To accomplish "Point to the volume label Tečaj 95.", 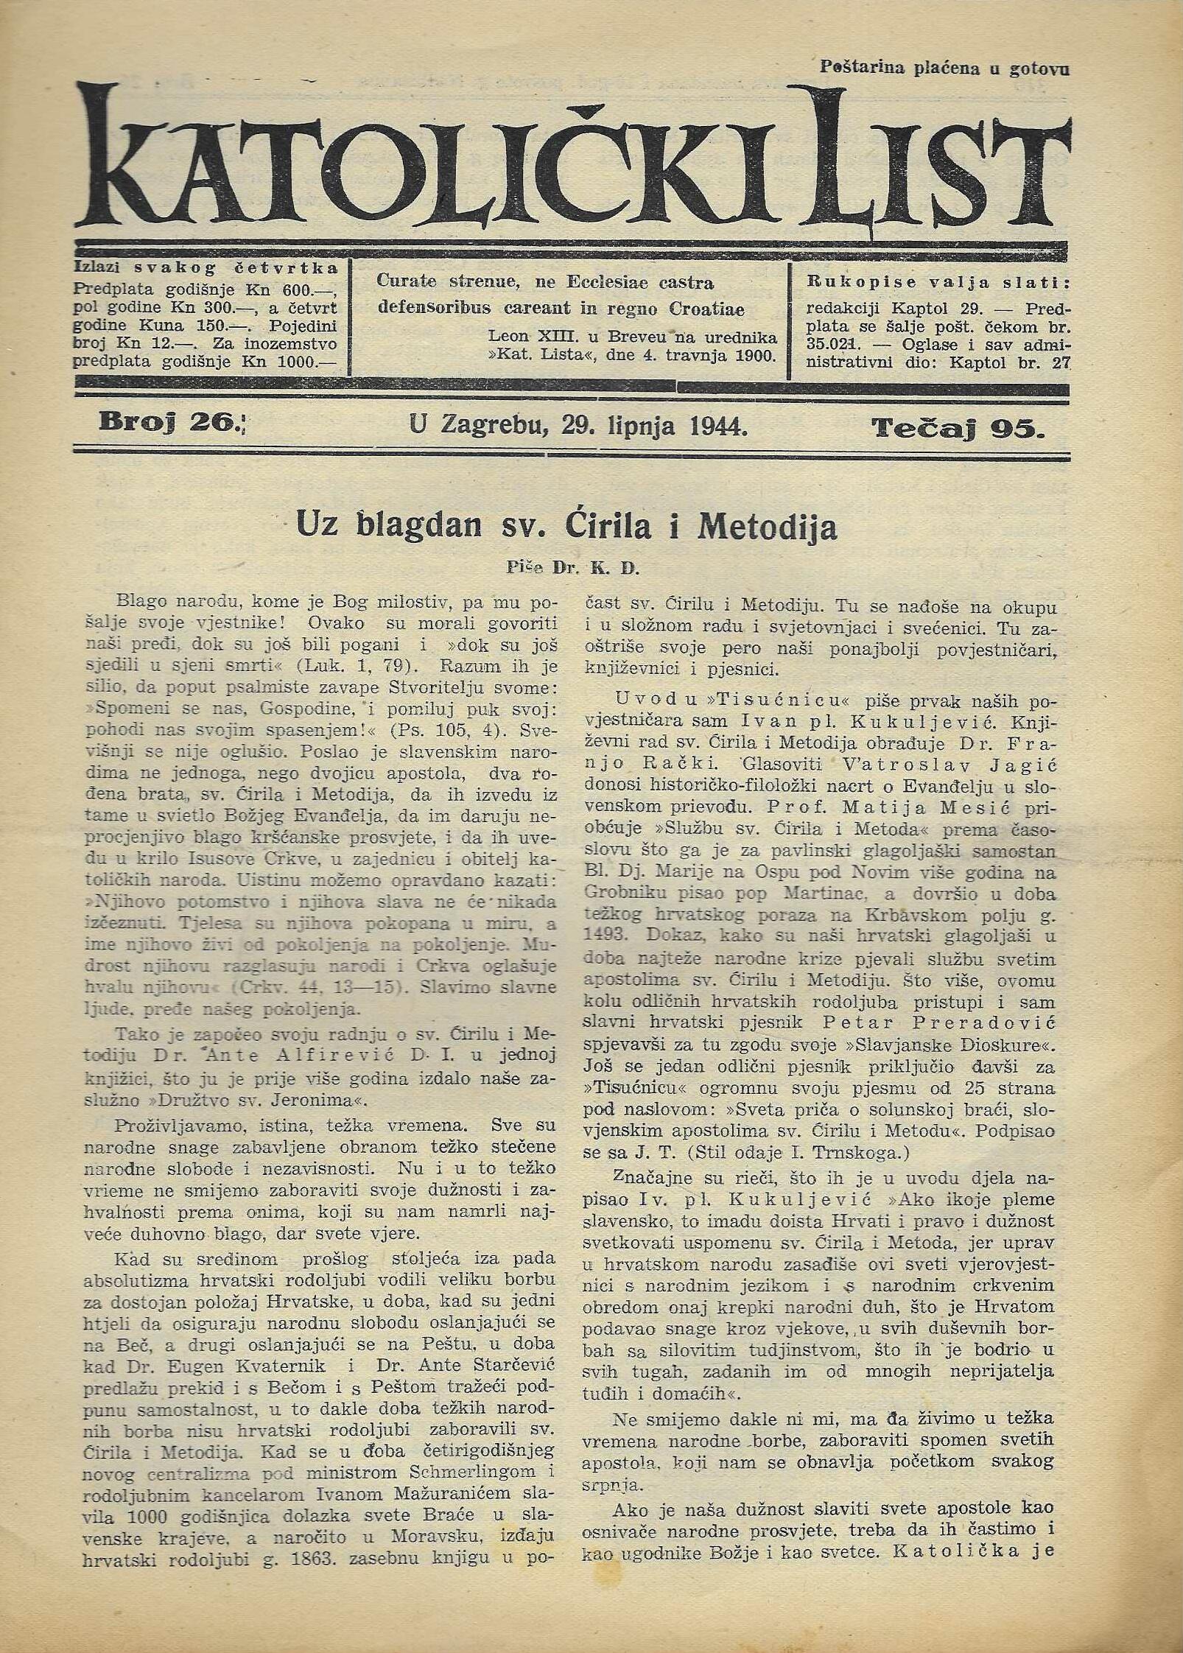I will coord(958,427).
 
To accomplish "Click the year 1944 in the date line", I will coord(719,425).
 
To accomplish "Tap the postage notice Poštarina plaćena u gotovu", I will coord(944,69).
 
